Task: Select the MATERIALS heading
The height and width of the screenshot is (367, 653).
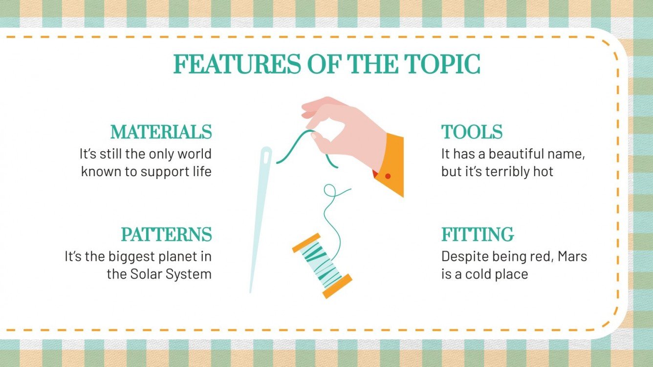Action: tap(161, 132)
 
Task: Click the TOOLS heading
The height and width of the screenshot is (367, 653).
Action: tap(472, 132)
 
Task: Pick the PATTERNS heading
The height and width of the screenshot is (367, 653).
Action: tap(167, 235)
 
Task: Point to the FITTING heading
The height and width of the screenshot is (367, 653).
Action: tap(478, 235)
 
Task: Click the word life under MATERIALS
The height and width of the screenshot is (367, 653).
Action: tap(200, 172)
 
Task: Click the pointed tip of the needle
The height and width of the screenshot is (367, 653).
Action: tap(251, 291)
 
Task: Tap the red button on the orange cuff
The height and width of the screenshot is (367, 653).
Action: tap(388, 176)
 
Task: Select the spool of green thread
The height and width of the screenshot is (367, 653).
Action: tap(322, 265)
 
